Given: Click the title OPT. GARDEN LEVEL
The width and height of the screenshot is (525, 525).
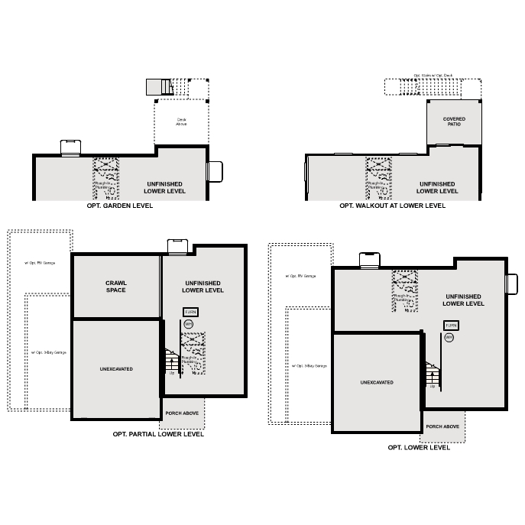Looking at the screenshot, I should pyautogui.click(x=121, y=206).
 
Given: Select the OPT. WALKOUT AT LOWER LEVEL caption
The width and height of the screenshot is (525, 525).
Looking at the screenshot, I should pyautogui.click(x=392, y=206).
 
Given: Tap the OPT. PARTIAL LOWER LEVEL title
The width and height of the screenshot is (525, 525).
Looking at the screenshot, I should pyautogui.click(x=158, y=434).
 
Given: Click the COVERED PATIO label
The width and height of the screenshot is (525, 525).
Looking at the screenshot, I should pyautogui.click(x=454, y=122).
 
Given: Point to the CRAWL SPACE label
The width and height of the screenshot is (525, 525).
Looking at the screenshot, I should pyautogui.click(x=116, y=287).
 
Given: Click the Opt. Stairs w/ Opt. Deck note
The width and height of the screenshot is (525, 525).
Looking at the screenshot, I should pyautogui.click(x=433, y=75).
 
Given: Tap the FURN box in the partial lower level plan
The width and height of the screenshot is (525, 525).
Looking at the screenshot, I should pyautogui.click(x=190, y=312).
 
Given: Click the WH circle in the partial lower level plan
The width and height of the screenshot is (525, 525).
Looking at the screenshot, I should pyautogui.click(x=189, y=324).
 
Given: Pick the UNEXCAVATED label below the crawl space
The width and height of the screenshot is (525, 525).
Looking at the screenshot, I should pyautogui.click(x=116, y=369).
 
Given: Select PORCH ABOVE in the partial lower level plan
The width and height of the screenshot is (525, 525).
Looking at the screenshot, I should pyautogui.click(x=183, y=413).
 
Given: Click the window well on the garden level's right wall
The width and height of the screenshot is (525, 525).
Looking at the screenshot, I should pyautogui.click(x=215, y=171).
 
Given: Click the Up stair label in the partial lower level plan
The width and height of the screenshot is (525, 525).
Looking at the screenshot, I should pyautogui.click(x=172, y=373).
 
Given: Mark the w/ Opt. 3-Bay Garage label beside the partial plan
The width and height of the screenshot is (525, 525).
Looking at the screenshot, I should pyautogui.click(x=49, y=352).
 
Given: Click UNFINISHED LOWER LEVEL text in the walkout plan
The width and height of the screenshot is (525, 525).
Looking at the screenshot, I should pyautogui.click(x=438, y=187).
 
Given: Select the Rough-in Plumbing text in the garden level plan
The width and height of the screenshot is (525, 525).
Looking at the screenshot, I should pyautogui.click(x=103, y=186).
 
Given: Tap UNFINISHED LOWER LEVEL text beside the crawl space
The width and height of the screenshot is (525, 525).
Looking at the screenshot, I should pyautogui.click(x=203, y=287).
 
